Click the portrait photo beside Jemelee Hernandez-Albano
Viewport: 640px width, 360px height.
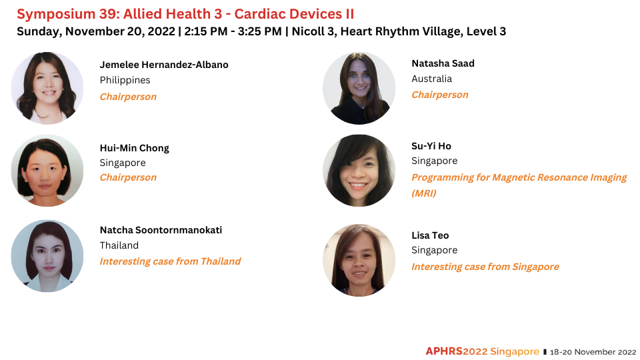[x=47, y=88]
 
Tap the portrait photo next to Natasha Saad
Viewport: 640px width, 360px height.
[x=359, y=88]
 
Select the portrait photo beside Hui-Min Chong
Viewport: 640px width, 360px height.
[x=47, y=171]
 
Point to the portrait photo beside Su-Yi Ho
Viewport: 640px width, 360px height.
[x=359, y=171]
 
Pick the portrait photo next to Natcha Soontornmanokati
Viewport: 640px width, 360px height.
[x=47, y=256]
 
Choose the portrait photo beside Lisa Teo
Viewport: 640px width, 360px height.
[x=359, y=260]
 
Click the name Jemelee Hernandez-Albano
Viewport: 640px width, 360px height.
[x=164, y=65]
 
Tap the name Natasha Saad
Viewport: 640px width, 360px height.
[x=443, y=63]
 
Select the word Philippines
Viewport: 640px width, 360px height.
[x=125, y=80]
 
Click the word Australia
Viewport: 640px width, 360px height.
[x=432, y=79]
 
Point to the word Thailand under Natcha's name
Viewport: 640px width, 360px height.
[x=119, y=245]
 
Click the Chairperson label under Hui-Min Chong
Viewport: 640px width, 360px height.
[x=128, y=177]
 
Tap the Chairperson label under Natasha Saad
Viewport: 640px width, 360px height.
[x=440, y=95]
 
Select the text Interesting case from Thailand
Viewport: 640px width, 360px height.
[x=170, y=261]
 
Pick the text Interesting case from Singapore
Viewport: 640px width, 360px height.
[x=485, y=267]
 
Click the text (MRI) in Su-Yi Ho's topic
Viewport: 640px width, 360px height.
[x=424, y=193]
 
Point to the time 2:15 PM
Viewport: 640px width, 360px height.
[x=206, y=31]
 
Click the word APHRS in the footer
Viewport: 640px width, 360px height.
[x=445, y=351]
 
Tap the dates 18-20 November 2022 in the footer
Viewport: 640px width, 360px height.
[x=593, y=352]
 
